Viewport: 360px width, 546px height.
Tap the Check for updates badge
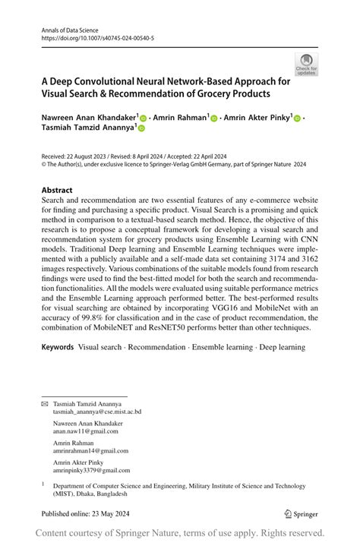[x=307, y=65]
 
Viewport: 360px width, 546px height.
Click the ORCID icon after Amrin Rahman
[x=214, y=119]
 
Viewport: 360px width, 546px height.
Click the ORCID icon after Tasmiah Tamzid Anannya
[x=141, y=129]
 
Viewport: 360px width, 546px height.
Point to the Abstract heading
[x=57, y=191]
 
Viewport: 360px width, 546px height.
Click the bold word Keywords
[x=58, y=347]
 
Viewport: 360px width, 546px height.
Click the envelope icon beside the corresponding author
[x=44, y=404]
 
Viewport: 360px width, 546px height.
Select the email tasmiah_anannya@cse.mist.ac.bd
[x=97, y=412]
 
